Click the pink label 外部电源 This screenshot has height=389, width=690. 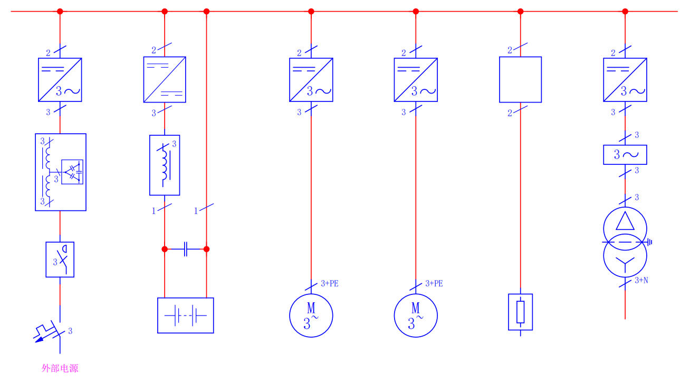[x=60, y=368]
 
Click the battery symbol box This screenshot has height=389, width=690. [x=185, y=316]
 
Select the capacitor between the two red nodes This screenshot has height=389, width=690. [x=185, y=249]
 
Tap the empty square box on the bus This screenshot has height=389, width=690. [x=520, y=79]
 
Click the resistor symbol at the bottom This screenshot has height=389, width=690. [x=520, y=312]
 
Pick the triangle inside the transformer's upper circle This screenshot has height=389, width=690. [x=625, y=220]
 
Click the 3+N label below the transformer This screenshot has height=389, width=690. [x=641, y=280]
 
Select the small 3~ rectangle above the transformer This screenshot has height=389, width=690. [x=625, y=155]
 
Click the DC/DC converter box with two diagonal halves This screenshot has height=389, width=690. [x=165, y=79]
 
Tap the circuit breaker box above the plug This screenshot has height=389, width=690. [x=60, y=260]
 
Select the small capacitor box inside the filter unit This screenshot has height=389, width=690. [x=72, y=172]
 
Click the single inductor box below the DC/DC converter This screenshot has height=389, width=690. [x=165, y=165]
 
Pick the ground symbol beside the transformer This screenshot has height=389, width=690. [x=650, y=242]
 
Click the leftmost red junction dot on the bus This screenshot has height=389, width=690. [x=60, y=11]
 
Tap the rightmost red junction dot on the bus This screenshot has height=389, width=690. [x=625, y=11]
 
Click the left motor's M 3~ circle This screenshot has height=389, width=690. [x=311, y=316]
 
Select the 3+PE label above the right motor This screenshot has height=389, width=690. [x=434, y=284]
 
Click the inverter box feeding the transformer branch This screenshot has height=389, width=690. [x=625, y=79]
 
